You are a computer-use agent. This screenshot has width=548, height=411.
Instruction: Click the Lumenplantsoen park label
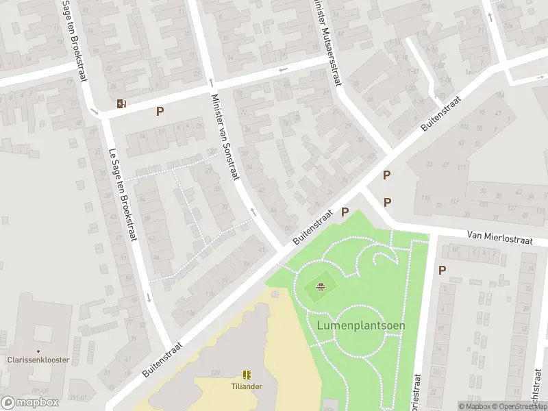click(361, 325)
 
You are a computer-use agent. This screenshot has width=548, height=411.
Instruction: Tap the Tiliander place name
click(245, 386)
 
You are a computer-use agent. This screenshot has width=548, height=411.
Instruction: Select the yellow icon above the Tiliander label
click(245, 375)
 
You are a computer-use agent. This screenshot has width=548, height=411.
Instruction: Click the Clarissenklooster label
click(38, 360)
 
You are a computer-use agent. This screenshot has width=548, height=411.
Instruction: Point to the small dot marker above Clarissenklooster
click(38, 350)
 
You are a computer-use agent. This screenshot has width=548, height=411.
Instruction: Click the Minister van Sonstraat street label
click(225, 137)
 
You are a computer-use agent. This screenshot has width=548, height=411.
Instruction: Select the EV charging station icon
click(122, 104)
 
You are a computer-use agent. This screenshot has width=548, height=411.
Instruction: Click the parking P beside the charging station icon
click(160, 111)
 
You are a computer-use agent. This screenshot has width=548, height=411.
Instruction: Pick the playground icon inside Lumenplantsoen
click(320, 287)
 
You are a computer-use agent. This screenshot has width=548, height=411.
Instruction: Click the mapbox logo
click(29, 403)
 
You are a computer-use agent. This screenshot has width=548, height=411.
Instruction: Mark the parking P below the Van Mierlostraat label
click(443, 270)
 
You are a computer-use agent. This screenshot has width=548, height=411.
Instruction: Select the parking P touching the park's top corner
click(345, 212)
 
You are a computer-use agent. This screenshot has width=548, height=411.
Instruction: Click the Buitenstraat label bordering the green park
click(312, 228)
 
